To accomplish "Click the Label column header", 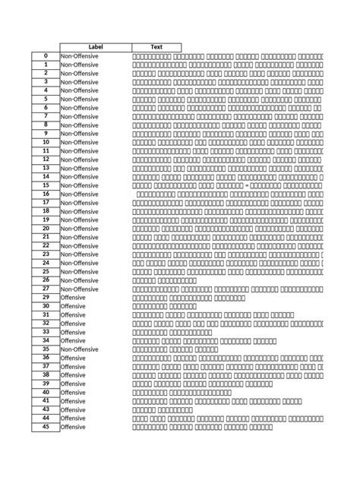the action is click(96, 47).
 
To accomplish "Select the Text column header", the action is click(157, 47).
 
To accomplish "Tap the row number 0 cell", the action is click(46, 56).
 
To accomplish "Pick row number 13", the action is click(46, 168).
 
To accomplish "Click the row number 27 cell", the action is click(46, 289).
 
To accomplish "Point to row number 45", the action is click(46, 427).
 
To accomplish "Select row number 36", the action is click(46, 358).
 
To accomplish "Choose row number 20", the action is click(46, 228).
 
